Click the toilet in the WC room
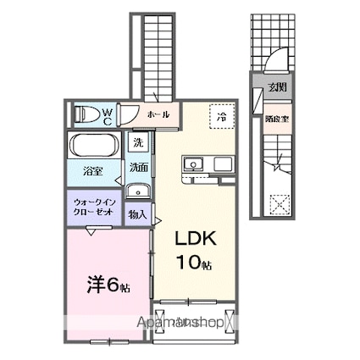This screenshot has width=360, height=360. tap(85, 114)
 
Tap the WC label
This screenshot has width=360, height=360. tap(108, 114)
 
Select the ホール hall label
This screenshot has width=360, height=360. tap(158, 114)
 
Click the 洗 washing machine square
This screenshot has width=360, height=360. tap(138, 143)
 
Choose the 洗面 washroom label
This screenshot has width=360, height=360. tap(139, 167)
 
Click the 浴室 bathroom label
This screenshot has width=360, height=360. tap(92, 171)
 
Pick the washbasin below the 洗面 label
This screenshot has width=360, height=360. tap(136, 190)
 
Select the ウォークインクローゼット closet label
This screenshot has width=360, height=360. tap(94, 207)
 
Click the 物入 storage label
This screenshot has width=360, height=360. tap(138, 215)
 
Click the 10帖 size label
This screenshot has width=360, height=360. tap(195, 263)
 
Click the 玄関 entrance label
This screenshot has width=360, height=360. tap(276, 87)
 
